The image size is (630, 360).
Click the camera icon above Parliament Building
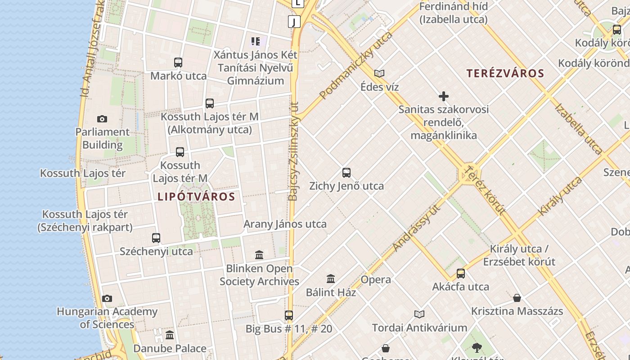coord(102,119)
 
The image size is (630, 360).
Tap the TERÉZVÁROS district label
coord(505,73)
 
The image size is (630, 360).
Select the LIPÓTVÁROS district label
coord(196,197)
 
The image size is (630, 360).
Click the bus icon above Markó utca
coord(178,63)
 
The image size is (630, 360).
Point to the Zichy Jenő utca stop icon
coord(346,173)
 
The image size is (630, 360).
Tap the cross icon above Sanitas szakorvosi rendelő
coord(444,96)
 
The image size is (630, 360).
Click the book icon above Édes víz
coord(379,73)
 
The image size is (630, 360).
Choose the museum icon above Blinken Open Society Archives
coord(259,256)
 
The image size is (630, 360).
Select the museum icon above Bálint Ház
coord(331,279)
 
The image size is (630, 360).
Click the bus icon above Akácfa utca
coord(460,274)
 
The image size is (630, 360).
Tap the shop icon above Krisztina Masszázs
coord(517,298)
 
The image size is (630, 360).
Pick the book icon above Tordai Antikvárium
coord(419,314)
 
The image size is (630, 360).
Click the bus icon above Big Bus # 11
coord(289,315)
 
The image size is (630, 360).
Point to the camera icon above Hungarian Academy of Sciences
coord(107,298)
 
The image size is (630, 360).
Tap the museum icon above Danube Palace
coord(170,335)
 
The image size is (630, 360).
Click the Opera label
coord(376,280)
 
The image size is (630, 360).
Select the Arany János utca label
coord(285,224)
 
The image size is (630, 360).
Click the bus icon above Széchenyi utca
coord(156,238)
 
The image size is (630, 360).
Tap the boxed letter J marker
coord(294,21)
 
